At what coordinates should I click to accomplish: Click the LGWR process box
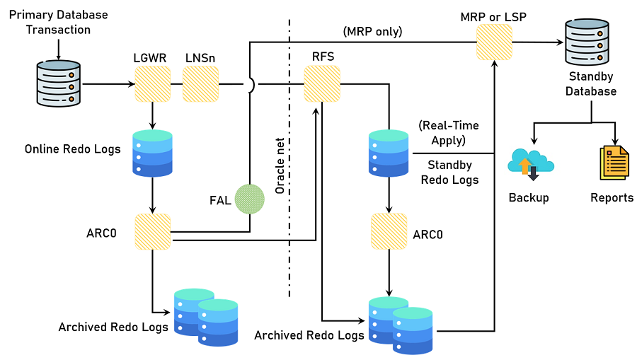tap(153, 84)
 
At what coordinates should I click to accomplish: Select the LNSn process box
tap(201, 84)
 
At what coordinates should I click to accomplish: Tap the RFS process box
tap(322, 84)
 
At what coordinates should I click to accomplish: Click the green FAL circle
tap(249, 199)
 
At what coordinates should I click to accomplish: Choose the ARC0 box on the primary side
tap(153, 231)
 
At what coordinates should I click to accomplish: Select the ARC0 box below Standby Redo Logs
tap(389, 231)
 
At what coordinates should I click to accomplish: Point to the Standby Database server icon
tap(587, 42)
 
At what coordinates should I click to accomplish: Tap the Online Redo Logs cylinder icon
tap(153, 153)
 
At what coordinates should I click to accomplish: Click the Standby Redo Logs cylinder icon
tap(389, 153)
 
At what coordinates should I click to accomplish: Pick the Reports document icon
tap(614, 163)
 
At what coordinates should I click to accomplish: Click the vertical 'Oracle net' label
tap(280, 167)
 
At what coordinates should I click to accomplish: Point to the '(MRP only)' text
tap(372, 31)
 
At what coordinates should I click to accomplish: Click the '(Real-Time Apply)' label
tap(448, 133)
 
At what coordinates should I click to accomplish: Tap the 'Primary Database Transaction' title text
tap(59, 22)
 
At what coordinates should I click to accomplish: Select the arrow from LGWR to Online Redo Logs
tap(153, 115)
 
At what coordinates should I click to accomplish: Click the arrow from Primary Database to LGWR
tap(106, 84)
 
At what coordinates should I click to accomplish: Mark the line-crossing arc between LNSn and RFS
tap(251, 84)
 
